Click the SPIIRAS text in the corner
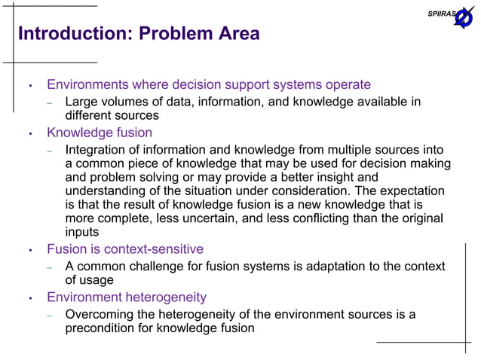441,14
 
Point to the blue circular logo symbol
463,17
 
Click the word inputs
82,231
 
